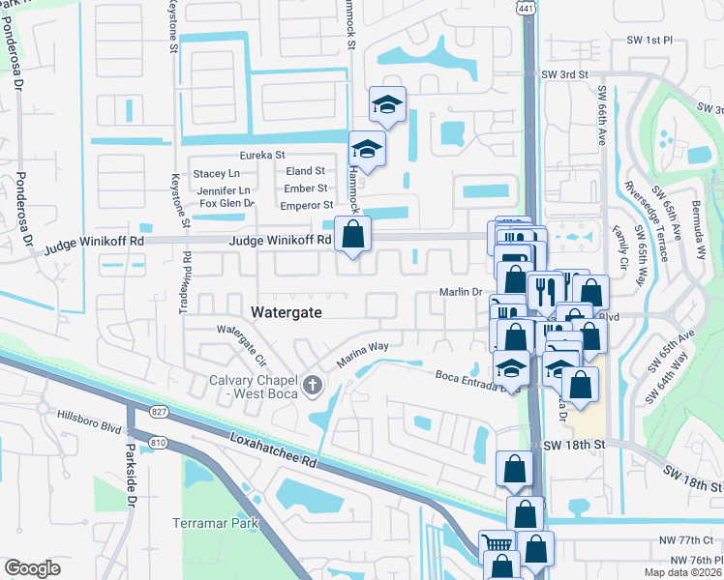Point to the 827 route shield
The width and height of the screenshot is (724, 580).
coord(160,413)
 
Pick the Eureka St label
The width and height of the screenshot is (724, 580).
coord(262,155)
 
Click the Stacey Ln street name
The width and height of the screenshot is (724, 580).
coord(216,173)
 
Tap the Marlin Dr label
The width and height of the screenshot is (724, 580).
coord(460,292)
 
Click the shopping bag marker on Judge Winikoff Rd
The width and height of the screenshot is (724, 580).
coord(352,234)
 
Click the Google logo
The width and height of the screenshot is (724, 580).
coord(32,567)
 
